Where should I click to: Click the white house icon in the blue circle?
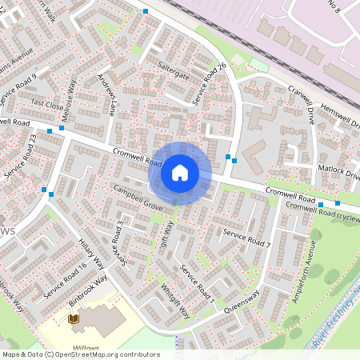pos(180,172)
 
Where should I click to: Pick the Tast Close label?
pos(47,105)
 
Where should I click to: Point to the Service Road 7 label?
pos(247,238)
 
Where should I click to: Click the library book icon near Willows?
pos(74,319)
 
